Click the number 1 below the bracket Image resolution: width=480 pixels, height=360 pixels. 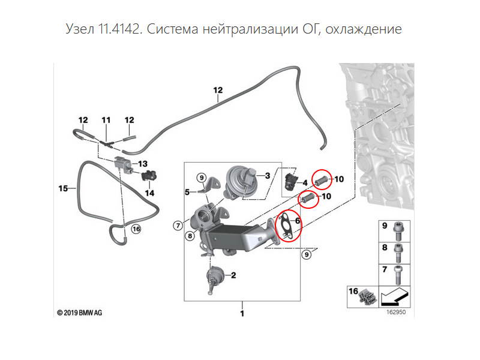pyautogui.click(x=241, y=314)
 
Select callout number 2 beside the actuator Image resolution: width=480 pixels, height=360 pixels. pyautogui.click(x=233, y=276)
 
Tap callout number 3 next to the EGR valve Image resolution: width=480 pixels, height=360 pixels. pyautogui.click(x=268, y=175)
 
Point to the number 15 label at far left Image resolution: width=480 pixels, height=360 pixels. pyautogui.click(x=62, y=188)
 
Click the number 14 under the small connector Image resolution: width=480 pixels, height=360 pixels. pyautogui.click(x=149, y=193)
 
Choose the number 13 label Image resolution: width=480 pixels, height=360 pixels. pyautogui.click(x=142, y=164)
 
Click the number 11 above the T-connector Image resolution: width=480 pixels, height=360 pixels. pyautogui.click(x=106, y=121)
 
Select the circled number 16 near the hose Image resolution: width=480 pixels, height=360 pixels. pyautogui.click(x=136, y=229)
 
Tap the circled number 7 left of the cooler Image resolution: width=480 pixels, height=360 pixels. pyautogui.click(x=178, y=226)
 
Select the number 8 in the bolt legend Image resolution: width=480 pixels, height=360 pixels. pyautogui.click(x=385, y=247)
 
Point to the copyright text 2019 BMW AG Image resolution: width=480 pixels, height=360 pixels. pyautogui.click(x=80, y=313)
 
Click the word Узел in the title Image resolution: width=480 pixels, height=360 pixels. pyautogui.click(x=78, y=28)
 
